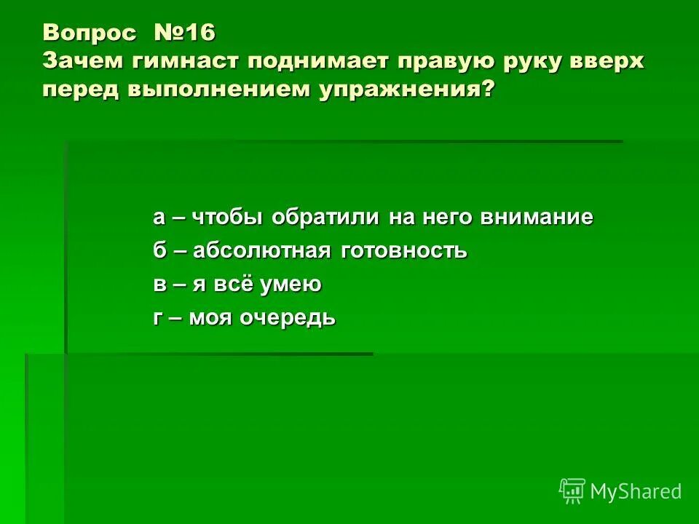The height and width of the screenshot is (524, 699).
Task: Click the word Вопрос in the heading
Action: pos(89,33)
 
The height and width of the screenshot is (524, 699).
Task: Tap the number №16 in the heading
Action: pos(185,33)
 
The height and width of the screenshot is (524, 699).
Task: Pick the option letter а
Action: pos(159,218)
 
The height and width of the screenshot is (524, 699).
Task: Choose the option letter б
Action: pos(159,251)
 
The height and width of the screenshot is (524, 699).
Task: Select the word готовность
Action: pos(403,251)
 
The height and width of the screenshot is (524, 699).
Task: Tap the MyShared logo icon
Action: pos(572,491)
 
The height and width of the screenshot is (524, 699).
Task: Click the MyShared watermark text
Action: pos(636,491)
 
